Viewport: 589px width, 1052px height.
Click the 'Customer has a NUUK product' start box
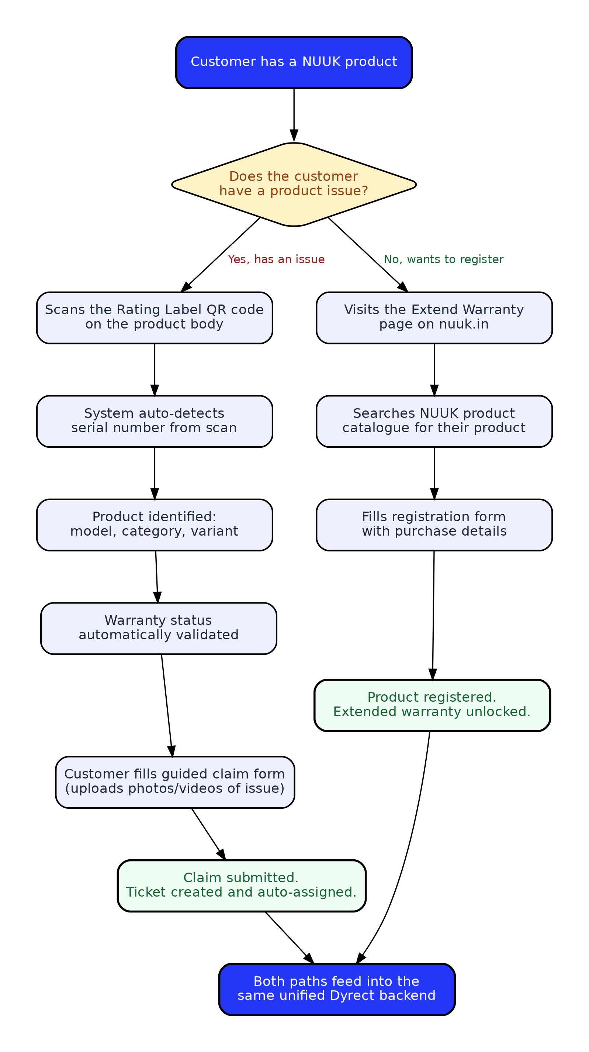pyautogui.click(x=294, y=62)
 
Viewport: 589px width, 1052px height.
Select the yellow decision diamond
pyautogui.click(x=294, y=185)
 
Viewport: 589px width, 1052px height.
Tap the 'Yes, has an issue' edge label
pyautogui.click(x=276, y=259)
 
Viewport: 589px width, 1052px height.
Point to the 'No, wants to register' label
pyautogui.click(x=443, y=259)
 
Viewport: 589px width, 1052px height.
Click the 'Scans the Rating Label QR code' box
pyautogui.click(x=154, y=318)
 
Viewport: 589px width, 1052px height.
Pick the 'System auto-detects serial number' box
pyautogui.click(x=154, y=421)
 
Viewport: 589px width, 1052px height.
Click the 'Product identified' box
pyautogui.click(x=154, y=525)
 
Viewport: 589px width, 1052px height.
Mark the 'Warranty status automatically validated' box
pyautogui.click(x=158, y=629)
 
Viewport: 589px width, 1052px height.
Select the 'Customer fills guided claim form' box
pyautogui.click(x=175, y=783)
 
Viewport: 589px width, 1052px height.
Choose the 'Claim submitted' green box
pyautogui.click(x=241, y=886)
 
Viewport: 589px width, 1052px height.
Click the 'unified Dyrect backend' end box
pyautogui.click(x=337, y=990)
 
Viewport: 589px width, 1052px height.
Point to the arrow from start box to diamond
pyautogui.click(x=294, y=115)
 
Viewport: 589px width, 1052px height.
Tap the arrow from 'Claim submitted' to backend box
pyautogui.click(x=290, y=938)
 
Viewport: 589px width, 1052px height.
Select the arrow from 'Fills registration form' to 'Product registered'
pyautogui.click(x=433, y=615)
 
